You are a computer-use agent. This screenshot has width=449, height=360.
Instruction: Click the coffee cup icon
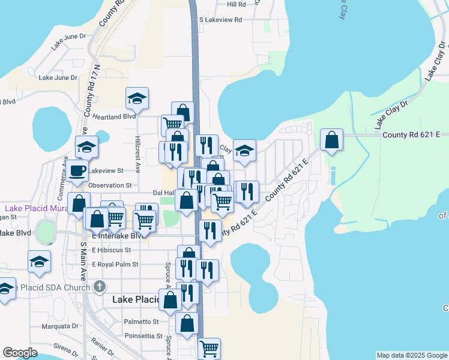click(77, 170)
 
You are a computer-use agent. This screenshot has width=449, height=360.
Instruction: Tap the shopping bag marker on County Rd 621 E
click(331, 140)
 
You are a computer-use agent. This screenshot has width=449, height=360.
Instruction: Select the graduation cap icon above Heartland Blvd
click(137, 99)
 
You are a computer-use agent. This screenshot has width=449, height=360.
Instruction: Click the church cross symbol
click(100, 287)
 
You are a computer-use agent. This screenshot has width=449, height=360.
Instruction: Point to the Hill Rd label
click(237, 4)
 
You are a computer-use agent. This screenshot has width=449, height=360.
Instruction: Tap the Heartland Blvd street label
click(113, 116)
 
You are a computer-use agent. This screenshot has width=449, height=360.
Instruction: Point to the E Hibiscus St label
click(113, 250)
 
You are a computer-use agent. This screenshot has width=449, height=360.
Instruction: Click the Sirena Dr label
click(67, 347)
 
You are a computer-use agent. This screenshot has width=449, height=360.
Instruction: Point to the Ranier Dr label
click(103, 348)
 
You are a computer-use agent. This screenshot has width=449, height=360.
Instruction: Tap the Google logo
click(20, 353)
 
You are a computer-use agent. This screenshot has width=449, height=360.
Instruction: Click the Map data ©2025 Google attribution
click(411, 355)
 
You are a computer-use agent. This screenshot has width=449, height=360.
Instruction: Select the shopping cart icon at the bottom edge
click(209, 348)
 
